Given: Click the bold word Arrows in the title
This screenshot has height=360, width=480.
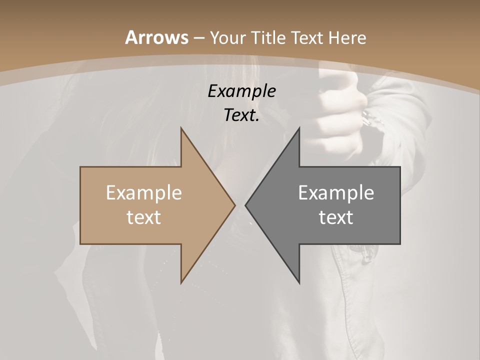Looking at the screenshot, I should [156, 37].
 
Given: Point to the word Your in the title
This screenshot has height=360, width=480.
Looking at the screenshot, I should [227, 37].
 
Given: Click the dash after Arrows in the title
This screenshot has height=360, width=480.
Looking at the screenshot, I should [198, 38].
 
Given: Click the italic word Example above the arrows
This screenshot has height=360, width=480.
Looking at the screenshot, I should [241, 91].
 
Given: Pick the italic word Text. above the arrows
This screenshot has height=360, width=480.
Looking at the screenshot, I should [241, 115].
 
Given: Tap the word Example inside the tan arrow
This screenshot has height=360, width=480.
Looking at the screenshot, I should [143, 193].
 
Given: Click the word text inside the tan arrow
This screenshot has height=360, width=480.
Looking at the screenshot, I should [143, 217].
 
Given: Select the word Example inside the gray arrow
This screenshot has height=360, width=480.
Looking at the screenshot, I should [336, 193].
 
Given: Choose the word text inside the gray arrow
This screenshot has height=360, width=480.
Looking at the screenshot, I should [336, 217].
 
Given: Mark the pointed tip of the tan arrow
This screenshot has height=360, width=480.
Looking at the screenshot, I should [234, 205].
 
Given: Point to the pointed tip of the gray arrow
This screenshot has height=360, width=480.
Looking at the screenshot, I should [245, 205].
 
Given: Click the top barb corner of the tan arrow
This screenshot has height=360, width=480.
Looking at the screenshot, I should [181, 128].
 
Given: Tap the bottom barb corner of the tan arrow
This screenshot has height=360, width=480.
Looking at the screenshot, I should [181, 283].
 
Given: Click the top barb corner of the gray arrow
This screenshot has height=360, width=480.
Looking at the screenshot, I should [299, 128].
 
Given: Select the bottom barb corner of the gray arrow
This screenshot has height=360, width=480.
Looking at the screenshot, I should [299, 283].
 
